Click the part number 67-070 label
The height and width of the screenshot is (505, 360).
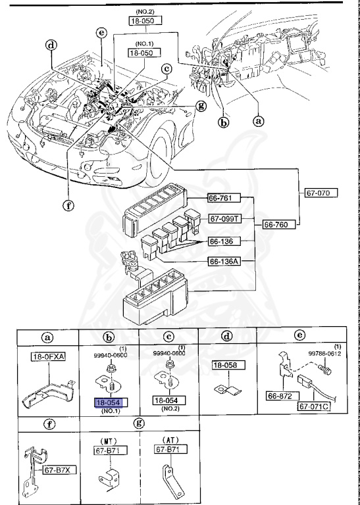(321, 193)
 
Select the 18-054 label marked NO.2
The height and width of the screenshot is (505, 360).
(169, 400)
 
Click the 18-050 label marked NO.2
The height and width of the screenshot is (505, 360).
(145, 21)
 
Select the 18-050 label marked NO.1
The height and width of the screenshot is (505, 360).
(145, 51)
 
